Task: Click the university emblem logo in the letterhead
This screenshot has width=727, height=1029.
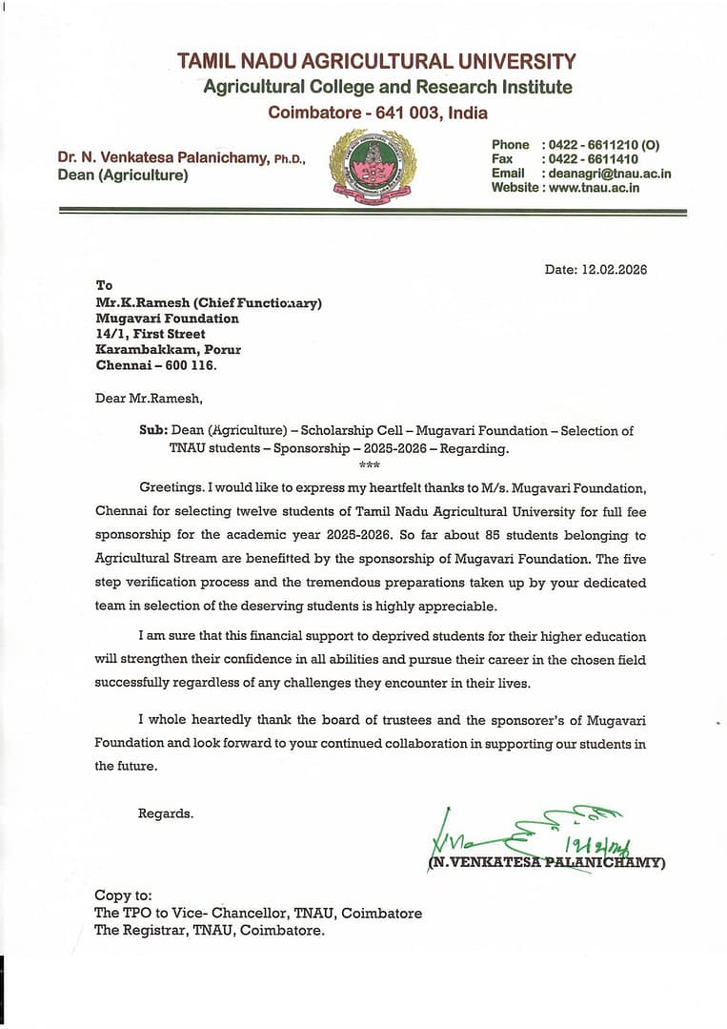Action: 373,168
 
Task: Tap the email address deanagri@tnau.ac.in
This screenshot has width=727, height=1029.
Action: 606,174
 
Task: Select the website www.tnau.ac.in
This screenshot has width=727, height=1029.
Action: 594,188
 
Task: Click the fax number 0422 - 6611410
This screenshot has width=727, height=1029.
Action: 592,159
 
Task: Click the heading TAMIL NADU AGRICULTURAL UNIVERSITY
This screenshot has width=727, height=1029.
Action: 376,62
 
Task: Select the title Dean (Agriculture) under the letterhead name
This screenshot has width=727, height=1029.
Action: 123,175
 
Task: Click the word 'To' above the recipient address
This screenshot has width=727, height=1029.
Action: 104,285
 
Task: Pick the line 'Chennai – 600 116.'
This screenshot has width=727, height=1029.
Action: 156,365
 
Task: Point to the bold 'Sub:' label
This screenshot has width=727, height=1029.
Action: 153,431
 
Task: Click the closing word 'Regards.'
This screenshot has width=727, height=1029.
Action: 166,813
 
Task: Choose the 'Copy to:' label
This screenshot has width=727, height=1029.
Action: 123,895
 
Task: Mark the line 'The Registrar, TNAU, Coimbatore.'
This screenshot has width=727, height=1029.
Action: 210,931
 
